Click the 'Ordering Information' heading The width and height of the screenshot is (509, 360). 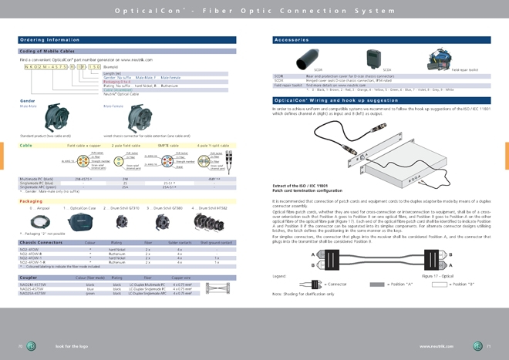(50, 39)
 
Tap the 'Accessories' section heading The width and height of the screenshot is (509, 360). (294, 39)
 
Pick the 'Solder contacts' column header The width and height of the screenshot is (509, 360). (180, 242)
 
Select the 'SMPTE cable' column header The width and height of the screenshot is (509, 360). (169, 145)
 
